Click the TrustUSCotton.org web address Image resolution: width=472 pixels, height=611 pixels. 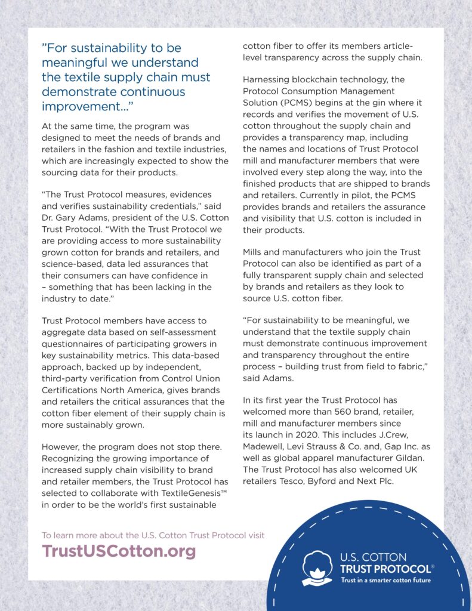[x=119, y=551]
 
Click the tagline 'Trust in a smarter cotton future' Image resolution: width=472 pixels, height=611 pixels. [x=385, y=581]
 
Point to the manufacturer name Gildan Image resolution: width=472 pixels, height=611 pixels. [x=411, y=456]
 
